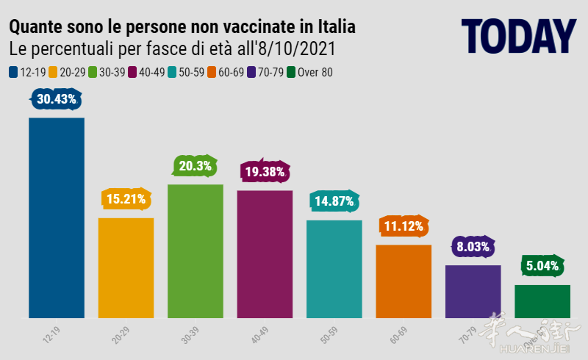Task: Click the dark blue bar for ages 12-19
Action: (56, 217)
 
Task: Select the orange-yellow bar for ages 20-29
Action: (126, 267)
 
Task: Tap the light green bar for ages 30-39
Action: (195, 251)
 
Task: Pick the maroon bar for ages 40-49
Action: (265, 253)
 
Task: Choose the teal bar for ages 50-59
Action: (334, 269)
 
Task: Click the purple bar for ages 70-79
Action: (473, 291)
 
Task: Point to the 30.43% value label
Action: (56, 99)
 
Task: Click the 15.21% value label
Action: (126, 198)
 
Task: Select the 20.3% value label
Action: (195, 166)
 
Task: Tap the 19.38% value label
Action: (265, 172)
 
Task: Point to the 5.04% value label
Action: (542, 265)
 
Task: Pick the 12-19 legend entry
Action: (27, 72)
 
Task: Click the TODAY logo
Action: (518, 35)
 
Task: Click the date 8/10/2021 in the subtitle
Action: (297, 49)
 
